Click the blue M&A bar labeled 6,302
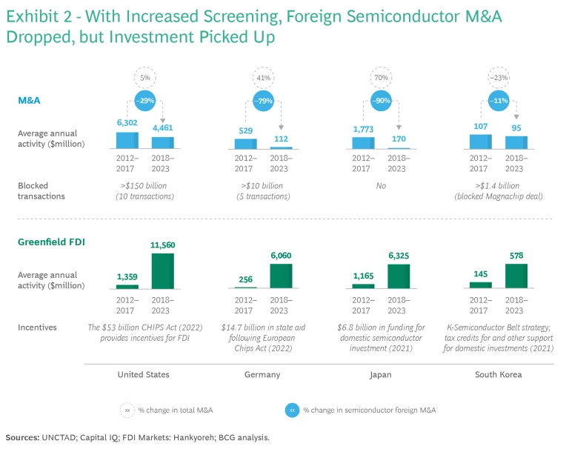pyautogui.click(x=128, y=140)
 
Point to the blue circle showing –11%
pyautogui.click(x=500, y=101)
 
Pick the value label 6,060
pyautogui.click(x=281, y=255)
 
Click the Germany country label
pyautogui.click(x=262, y=374)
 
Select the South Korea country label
pyautogui.click(x=498, y=374)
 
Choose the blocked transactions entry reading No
pyautogui.click(x=381, y=185)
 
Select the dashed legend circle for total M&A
pyautogui.click(x=128, y=410)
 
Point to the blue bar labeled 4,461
pyautogui.click(x=162, y=143)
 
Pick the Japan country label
pyautogui.click(x=381, y=374)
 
